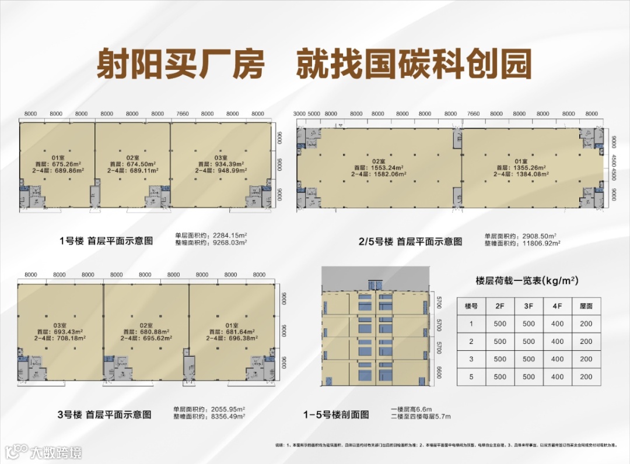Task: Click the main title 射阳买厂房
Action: pyautogui.click(x=180, y=64)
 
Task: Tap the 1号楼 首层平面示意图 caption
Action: pyautogui.click(x=106, y=240)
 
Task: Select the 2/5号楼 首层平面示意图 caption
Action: pyautogui.click(x=410, y=240)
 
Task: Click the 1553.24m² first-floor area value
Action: pyautogui.click(x=385, y=167)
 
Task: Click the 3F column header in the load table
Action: pyautogui.click(x=528, y=306)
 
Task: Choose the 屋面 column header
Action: pyautogui.click(x=586, y=306)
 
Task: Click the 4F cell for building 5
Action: pyautogui.click(x=557, y=377)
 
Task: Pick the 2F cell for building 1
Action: pyautogui.click(x=500, y=324)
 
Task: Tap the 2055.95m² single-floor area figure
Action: pyautogui.click(x=229, y=409)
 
